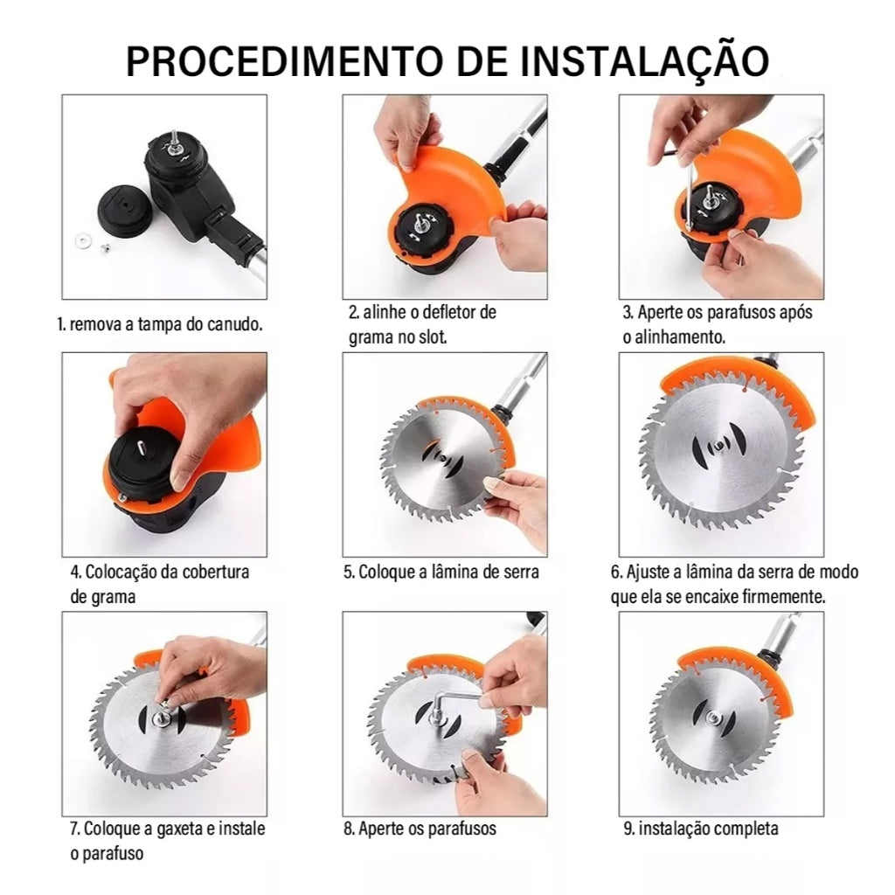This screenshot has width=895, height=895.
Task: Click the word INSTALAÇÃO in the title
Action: click(x=645, y=60)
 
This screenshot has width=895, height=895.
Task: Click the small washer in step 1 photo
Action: click(x=83, y=240)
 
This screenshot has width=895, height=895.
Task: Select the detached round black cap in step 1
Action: click(x=124, y=208)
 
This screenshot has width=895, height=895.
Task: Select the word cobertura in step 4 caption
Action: click(x=216, y=572)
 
